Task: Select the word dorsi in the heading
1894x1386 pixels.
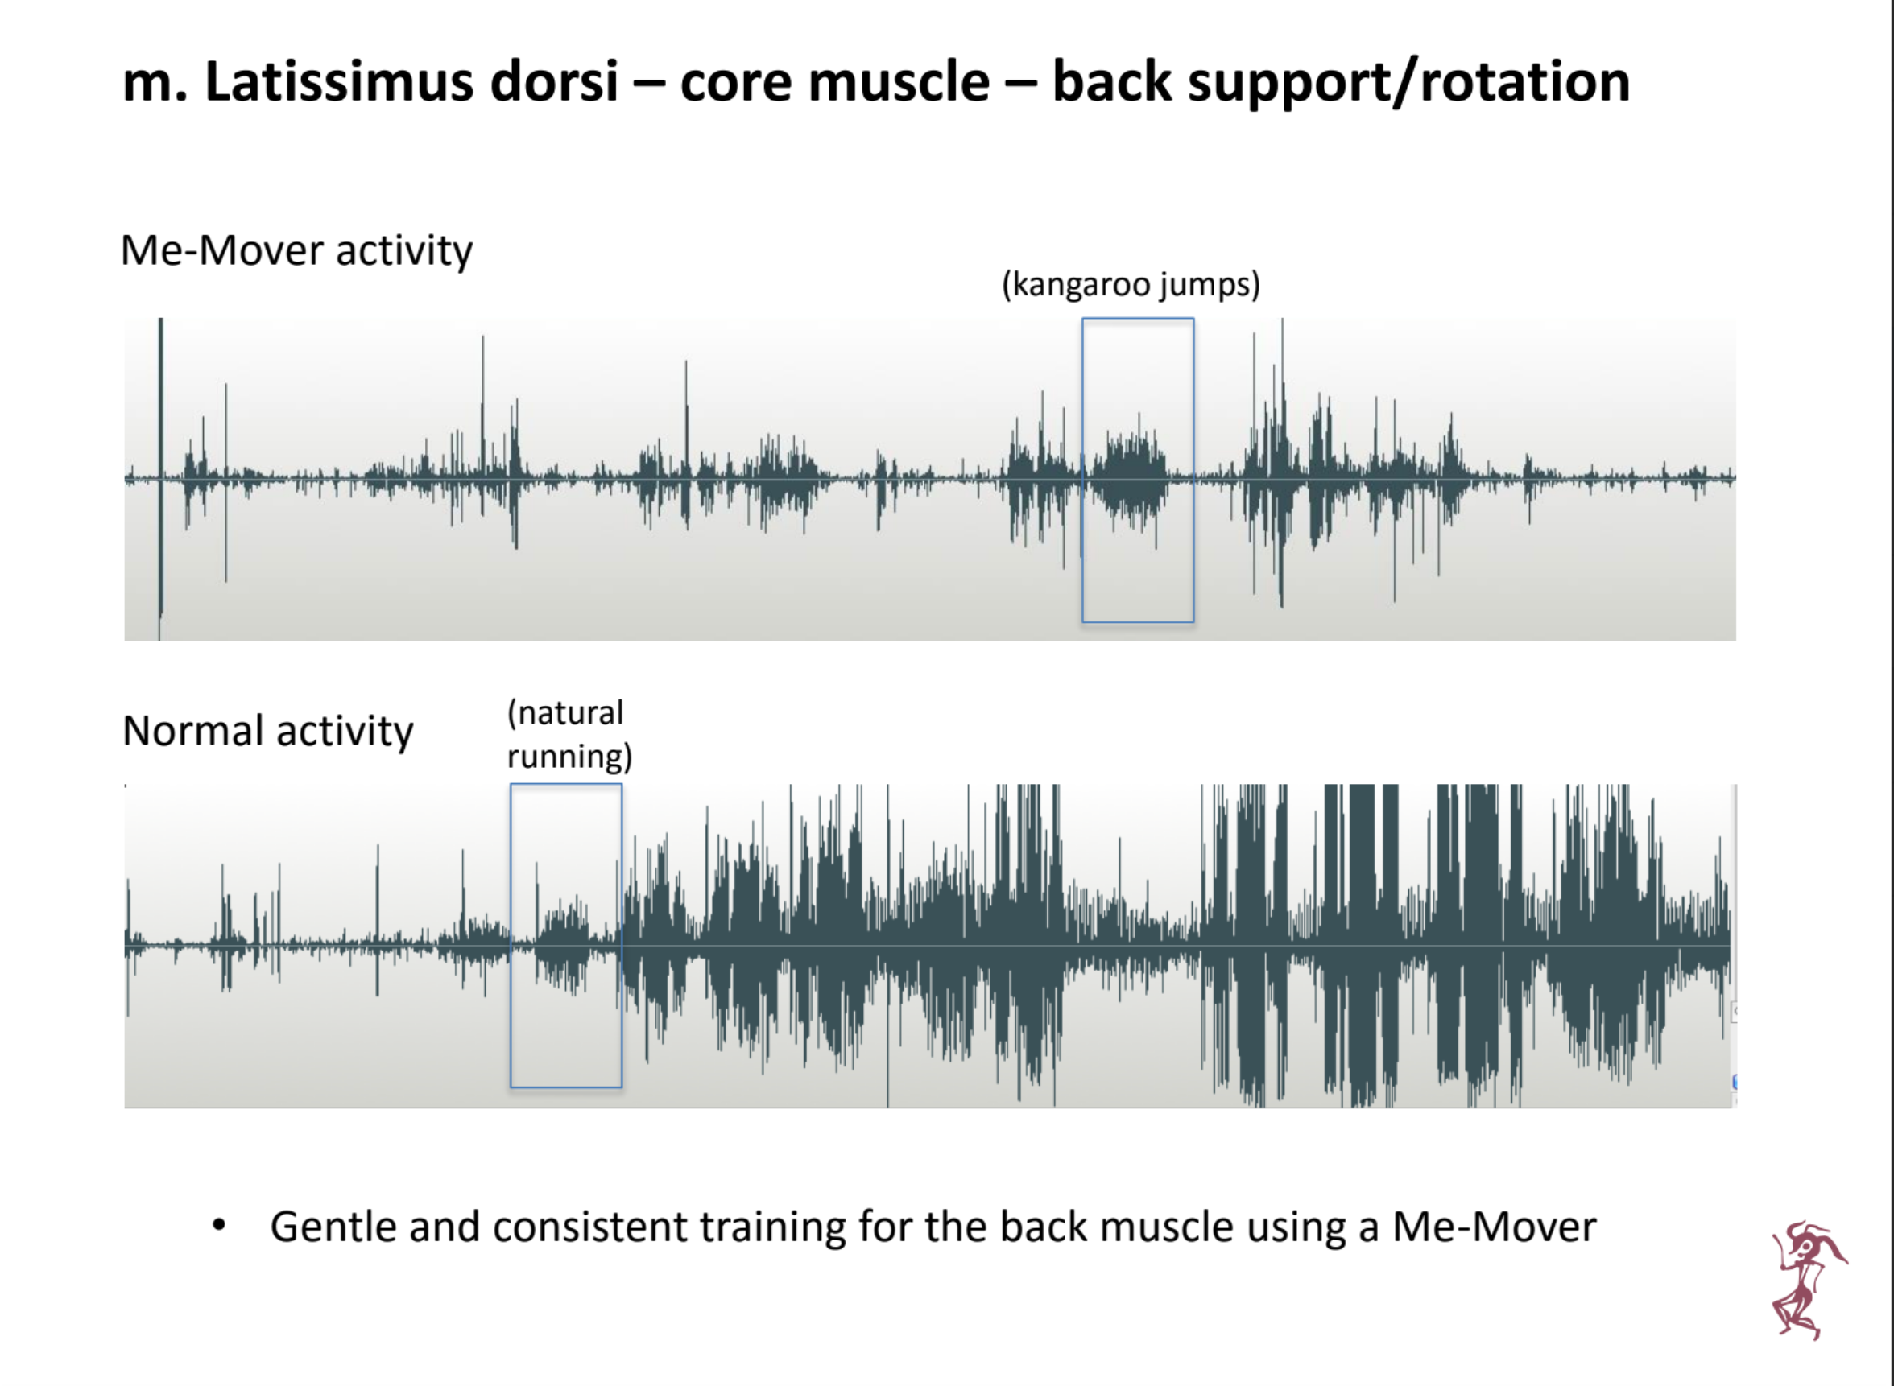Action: (555, 81)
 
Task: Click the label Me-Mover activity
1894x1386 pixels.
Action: (296, 250)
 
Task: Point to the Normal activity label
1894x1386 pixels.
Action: (267, 730)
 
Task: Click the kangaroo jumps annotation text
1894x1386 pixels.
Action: (1131, 284)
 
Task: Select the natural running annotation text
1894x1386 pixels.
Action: (569, 734)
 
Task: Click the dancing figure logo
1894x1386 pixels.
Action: (1808, 1280)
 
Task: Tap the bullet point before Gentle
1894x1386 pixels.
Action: (219, 1226)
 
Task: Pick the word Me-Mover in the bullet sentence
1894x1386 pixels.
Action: (1494, 1227)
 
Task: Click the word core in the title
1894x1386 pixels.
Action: (736, 83)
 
